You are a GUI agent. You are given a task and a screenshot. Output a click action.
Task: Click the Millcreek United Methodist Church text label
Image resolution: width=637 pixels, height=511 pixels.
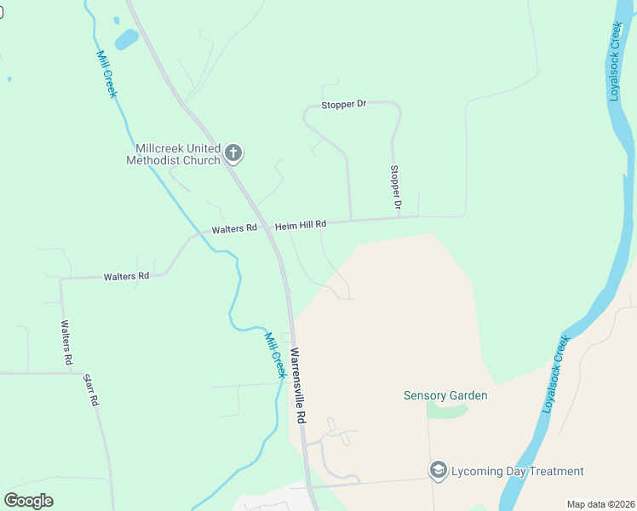tap(173, 154)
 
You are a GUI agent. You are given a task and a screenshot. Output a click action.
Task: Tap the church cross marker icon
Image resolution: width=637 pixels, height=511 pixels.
tap(233, 154)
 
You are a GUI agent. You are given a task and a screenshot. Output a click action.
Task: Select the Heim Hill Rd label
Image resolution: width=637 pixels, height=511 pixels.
tap(301, 225)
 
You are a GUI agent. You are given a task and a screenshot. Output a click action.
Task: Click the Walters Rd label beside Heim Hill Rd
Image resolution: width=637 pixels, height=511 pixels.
tap(234, 229)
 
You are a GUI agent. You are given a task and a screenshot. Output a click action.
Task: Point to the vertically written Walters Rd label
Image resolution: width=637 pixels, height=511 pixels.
tap(66, 342)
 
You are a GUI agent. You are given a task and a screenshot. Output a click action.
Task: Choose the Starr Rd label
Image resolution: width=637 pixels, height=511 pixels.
tap(92, 388)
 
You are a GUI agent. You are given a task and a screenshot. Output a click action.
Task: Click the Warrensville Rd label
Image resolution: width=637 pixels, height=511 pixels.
tap(297, 386)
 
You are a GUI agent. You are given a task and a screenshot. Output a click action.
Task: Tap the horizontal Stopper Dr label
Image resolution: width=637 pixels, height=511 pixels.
tap(344, 104)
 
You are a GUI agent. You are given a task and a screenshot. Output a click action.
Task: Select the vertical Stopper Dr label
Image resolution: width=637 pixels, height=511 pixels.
tap(395, 187)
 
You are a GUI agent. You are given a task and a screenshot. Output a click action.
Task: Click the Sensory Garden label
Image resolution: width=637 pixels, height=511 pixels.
tap(445, 395)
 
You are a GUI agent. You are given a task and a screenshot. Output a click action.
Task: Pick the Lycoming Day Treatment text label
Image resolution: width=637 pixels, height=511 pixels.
tap(518, 471)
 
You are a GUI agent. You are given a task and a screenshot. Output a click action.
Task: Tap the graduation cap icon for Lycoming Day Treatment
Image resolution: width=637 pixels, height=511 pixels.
tap(438, 471)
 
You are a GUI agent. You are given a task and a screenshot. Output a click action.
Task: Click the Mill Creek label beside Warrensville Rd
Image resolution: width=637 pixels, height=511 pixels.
tap(273, 355)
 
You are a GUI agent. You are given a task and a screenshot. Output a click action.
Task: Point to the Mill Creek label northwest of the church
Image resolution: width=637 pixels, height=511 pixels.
tap(106, 73)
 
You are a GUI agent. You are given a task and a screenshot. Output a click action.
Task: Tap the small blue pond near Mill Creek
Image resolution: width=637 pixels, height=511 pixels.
tap(126, 38)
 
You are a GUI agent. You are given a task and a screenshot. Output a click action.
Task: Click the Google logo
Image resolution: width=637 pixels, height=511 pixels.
tap(28, 501)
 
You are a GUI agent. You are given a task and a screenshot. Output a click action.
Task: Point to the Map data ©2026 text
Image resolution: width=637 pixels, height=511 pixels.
tap(600, 504)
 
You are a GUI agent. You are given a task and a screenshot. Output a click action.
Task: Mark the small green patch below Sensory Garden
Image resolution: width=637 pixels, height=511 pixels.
tap(446, 411)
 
